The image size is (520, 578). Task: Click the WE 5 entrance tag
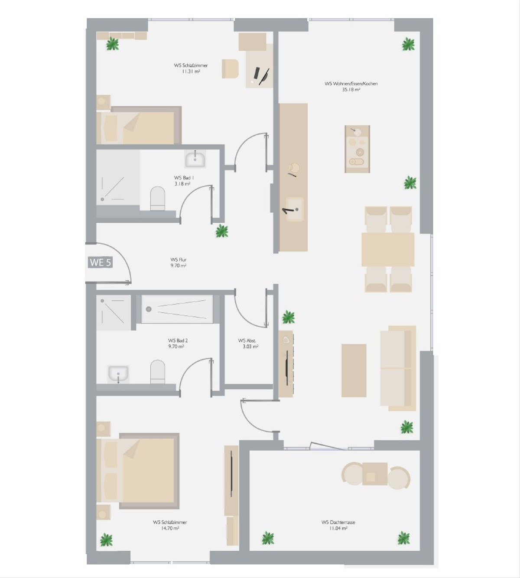(100, 262)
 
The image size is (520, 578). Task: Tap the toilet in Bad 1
(158, 199)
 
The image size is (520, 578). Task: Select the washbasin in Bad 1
(195, 159)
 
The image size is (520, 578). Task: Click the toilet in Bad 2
(158, 372)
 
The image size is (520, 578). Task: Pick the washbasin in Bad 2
(118, 374)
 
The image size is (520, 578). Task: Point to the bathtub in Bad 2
(177, 309)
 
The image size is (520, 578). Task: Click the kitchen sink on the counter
(295, 209)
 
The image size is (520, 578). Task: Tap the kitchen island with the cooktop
(357, 149)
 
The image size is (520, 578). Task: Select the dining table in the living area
(388, 250)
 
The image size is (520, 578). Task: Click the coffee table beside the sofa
(354, 370)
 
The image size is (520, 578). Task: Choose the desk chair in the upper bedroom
(230, 68)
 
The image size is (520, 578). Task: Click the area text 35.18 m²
(351, 90)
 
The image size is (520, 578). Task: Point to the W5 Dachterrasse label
(338, 522)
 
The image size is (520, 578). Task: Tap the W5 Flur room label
(179, 260)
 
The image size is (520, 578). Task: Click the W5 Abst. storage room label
(247, 340)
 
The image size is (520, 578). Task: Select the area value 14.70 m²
(170, 528)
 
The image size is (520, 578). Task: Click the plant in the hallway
(222, 231)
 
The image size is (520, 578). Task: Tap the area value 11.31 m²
(191, 71)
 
